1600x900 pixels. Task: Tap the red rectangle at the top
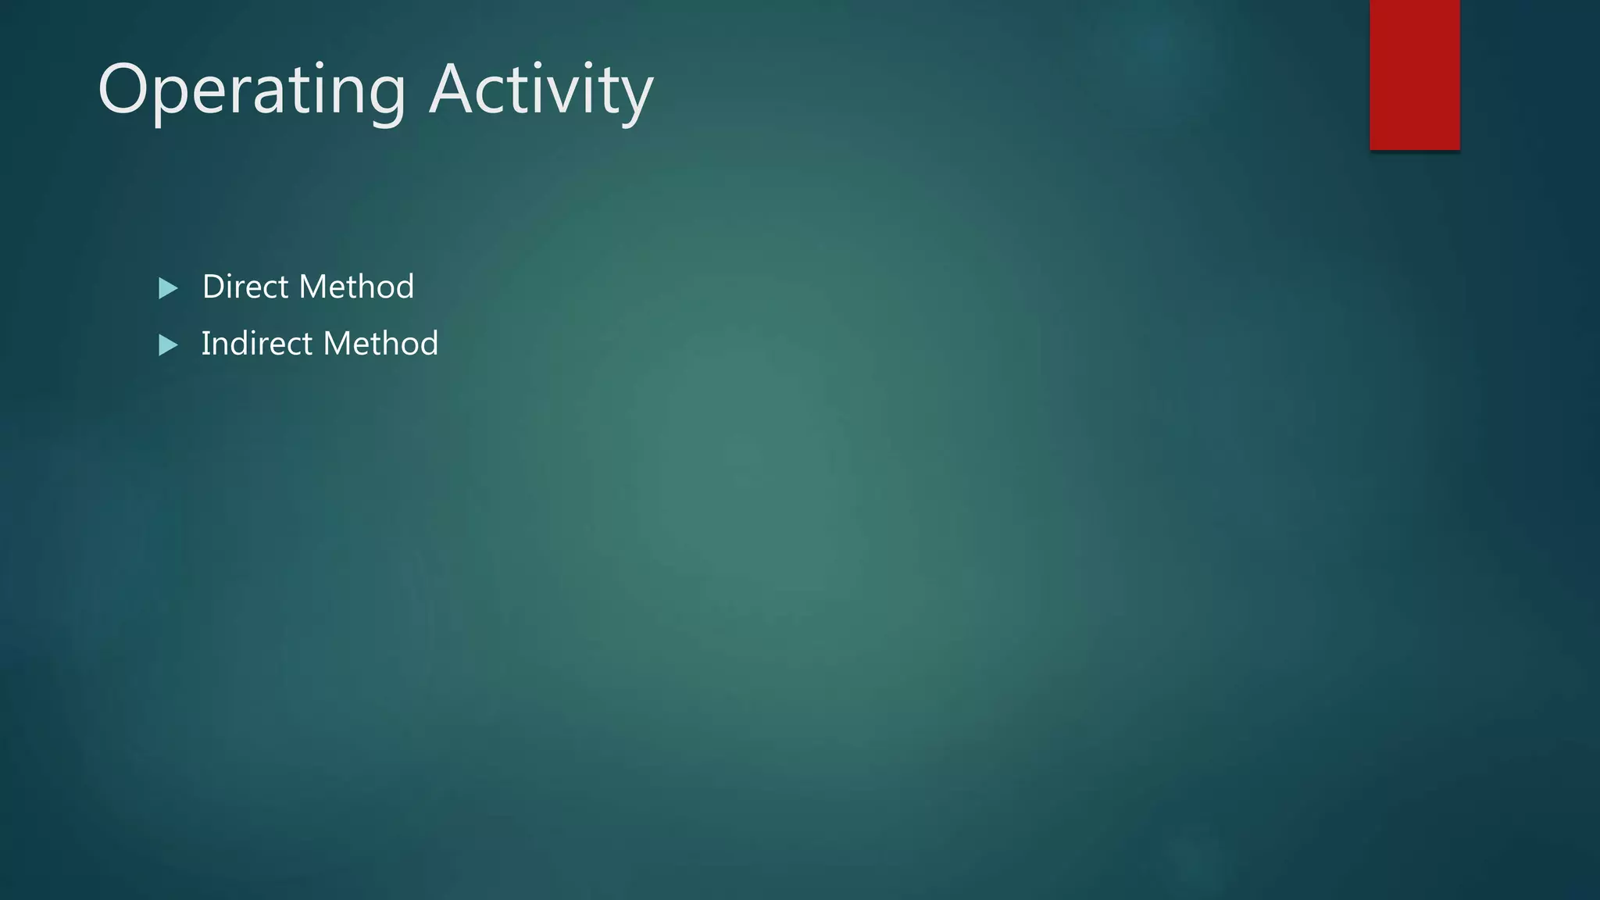pyautogui.click(x=1414, y=74)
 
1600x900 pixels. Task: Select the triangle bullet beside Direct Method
pyautogui.click(x=168, y=288)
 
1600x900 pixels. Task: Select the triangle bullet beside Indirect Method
pyautogui.click(x=168, y=345)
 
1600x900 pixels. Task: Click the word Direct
pyautogui.click(x=245, y=287)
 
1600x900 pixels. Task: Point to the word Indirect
pyautogui.click(x=256, y=344)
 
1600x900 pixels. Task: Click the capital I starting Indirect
pyautogui.click(x=205, y=344)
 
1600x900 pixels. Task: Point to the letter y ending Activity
pyautogui.click(x=637, y=98)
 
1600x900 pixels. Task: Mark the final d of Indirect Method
pyautogui.click(x=429, y=344)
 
